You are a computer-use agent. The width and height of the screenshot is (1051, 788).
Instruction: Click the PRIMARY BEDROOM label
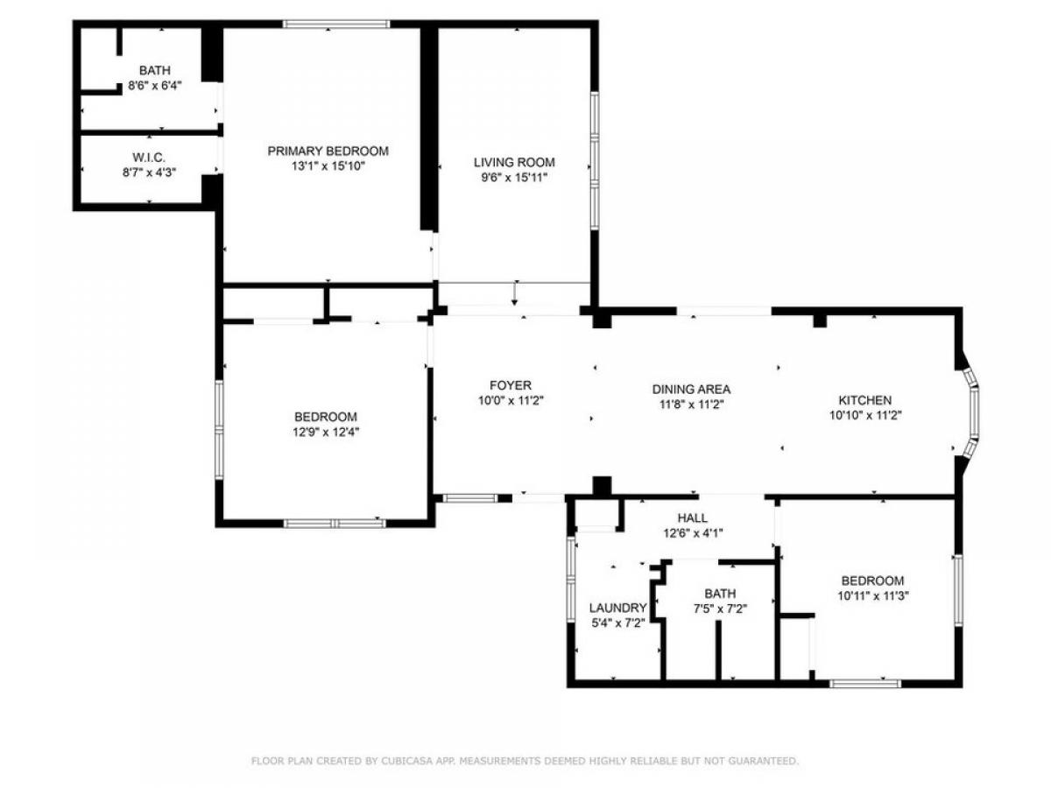[x=328, y=151]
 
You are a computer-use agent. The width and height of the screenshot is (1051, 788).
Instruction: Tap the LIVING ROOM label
[x=514, y=162]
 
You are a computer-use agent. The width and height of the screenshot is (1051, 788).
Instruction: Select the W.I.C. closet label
[x=149, y=157]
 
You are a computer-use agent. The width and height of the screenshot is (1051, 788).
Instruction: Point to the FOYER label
[x=511, y=385]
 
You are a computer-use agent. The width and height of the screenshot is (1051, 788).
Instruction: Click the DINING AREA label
[x=691, y=389]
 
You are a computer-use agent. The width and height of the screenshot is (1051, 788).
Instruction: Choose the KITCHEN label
[x=864, y=400]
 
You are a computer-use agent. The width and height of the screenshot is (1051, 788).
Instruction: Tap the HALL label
[x=693, y=517]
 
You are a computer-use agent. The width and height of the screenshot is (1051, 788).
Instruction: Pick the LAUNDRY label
[x=617, y=608]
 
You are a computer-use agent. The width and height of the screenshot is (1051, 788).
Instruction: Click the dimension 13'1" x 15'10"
[x=328, y=166]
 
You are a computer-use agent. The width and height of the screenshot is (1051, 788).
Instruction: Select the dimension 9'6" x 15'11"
[x=514, y=178]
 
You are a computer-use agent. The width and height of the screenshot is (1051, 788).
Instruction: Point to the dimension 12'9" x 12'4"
[x=326, y=432]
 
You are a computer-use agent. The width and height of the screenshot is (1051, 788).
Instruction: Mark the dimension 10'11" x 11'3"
[x=873, y=596]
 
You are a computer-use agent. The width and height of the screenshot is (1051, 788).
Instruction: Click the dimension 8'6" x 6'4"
[x=155, y=86]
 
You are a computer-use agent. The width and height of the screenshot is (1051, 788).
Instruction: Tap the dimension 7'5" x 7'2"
[x=720, y=609]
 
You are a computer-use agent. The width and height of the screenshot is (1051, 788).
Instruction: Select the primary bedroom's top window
[x=335, y=24]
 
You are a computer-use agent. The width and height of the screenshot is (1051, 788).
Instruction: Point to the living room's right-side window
[x=594, y=161]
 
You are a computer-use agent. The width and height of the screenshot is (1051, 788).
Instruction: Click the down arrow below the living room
[x=514, y=294]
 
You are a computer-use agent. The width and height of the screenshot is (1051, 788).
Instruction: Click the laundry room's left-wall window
[x=571, y=580]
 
